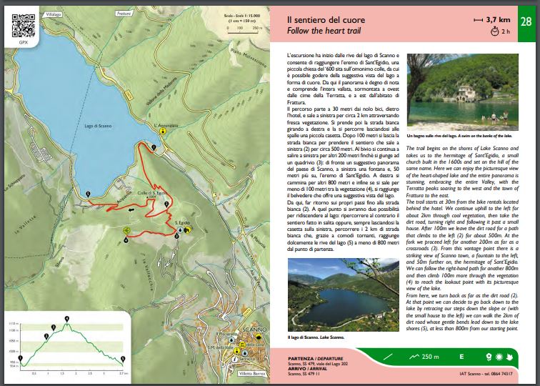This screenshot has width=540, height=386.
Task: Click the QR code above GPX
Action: pos(24,26)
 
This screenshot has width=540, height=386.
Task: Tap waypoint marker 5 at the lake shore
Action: pos(88,194)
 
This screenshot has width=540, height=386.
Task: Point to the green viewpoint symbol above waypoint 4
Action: pos(126,229)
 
